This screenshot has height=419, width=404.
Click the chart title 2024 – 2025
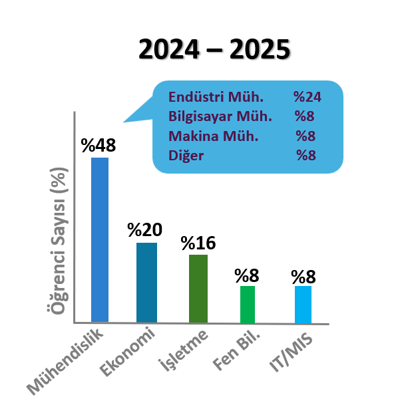point(214,50)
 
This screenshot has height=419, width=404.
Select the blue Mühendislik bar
point(100,239)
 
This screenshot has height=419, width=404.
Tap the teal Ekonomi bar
point(146,282)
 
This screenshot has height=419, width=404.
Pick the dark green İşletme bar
point(198,288)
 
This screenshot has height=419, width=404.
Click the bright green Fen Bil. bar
point(248,304)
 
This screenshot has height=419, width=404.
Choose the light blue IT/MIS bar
point(303,304)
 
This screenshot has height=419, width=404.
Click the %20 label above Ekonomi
point(144,231)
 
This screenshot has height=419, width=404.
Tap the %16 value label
point(198,243)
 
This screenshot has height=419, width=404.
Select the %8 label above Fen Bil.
point(247,275)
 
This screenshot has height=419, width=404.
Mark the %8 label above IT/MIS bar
point(303,275)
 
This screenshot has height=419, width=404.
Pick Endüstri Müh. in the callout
point(206,97)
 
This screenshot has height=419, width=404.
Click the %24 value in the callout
point(307,97)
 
